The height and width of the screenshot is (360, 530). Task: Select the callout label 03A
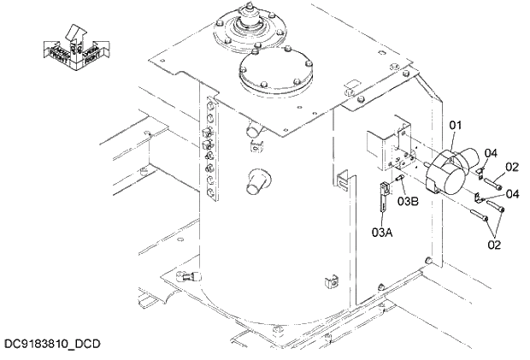point(381,230)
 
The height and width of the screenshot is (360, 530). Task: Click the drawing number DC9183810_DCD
point(52,344)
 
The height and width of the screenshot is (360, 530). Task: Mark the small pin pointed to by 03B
point(401,179)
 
